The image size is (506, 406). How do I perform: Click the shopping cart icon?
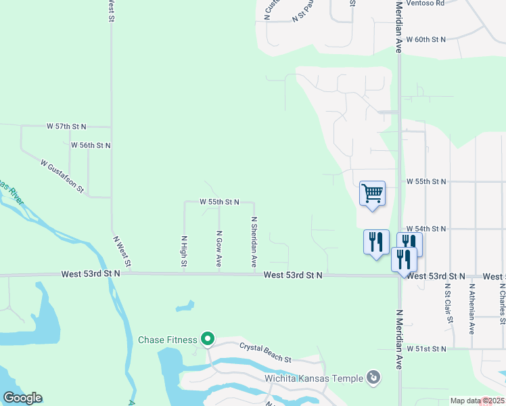[373, 194]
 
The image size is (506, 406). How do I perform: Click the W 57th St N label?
[67, 127]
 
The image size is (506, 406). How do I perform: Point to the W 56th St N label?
[90, 145]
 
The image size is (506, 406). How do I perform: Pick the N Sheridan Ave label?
[254, 240]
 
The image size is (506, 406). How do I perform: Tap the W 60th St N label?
[425, 40]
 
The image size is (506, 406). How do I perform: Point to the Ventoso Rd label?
[426, 3]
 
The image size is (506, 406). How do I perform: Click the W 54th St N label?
[426, 230]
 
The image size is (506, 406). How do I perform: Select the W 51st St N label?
[427, 348]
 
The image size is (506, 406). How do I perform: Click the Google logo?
[22, 398]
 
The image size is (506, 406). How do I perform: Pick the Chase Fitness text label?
[167, 340]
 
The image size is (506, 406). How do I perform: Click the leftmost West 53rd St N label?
[90, 274]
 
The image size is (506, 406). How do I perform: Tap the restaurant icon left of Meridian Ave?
[376, 242]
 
